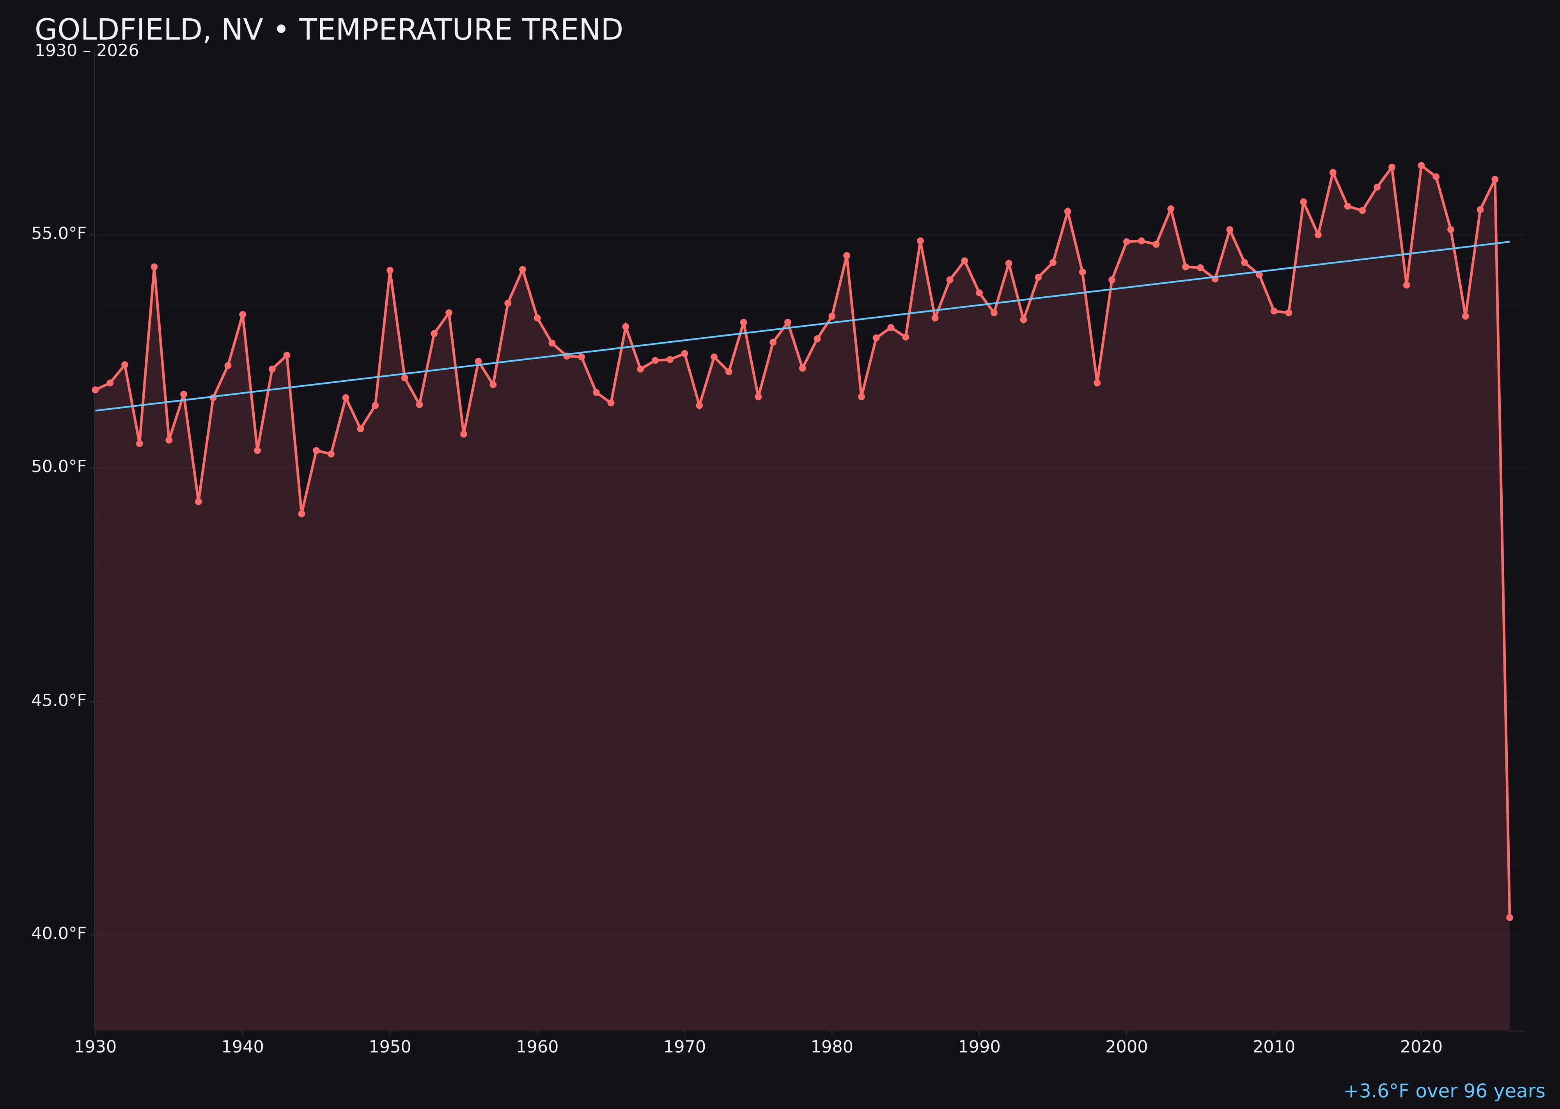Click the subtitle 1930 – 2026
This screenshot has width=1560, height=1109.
click(87, 51)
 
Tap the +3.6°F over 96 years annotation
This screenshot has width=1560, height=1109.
click(1444, 1091)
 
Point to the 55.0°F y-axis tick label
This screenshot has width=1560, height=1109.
click(59, 234)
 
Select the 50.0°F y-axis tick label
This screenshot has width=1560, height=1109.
click(59, 466)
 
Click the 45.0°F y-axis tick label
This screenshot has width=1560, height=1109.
click(59, 701)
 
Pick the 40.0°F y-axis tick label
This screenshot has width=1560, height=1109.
click(59, 934)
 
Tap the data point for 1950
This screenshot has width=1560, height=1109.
click(390, 270)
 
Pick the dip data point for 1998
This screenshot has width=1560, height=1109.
click(1097, 383)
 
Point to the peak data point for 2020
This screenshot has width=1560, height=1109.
click(1421, 165)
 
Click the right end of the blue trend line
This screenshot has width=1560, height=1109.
click(1509, 242)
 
